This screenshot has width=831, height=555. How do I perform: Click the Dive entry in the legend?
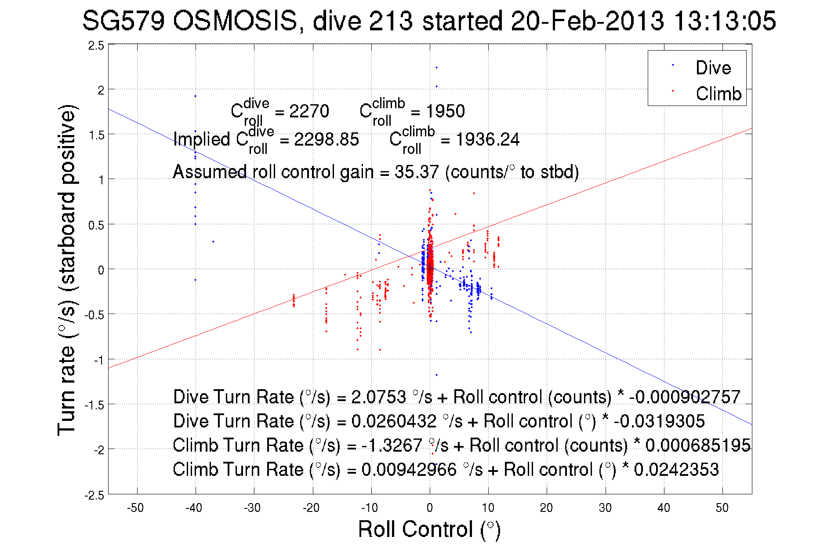713,68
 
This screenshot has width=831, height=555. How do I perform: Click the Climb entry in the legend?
718,94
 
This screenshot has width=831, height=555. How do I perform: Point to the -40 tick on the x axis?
194,508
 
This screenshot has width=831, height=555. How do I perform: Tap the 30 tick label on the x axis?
605,508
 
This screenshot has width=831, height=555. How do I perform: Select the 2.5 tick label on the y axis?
96,46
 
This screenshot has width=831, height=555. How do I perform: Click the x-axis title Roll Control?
429,529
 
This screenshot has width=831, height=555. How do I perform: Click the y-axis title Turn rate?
67,270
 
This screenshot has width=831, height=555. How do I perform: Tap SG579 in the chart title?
123,21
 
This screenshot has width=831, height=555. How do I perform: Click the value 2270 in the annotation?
309,111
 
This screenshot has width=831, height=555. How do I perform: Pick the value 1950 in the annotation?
445,111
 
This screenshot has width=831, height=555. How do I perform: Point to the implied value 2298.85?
326,140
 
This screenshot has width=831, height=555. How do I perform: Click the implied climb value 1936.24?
487,140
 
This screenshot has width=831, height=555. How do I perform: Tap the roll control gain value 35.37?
416,172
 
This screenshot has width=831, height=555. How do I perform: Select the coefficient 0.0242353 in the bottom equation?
676,470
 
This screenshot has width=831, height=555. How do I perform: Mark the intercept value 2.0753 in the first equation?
378,397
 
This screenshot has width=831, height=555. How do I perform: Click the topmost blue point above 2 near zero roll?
436,68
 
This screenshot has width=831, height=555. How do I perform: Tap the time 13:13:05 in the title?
725,21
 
